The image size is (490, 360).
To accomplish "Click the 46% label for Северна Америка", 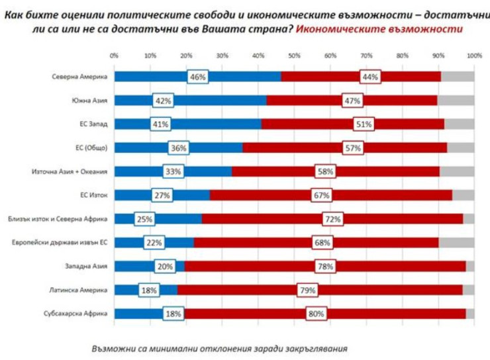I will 198,77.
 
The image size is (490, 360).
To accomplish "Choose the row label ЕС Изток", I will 93,195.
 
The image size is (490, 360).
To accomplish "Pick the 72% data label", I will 326,219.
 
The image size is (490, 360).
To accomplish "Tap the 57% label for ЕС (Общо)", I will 352,148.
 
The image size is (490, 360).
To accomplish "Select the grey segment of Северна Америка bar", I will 457,77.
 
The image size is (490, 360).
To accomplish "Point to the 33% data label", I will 173,171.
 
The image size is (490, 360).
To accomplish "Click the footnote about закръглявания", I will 219,347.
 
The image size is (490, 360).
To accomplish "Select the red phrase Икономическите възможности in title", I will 379,30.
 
